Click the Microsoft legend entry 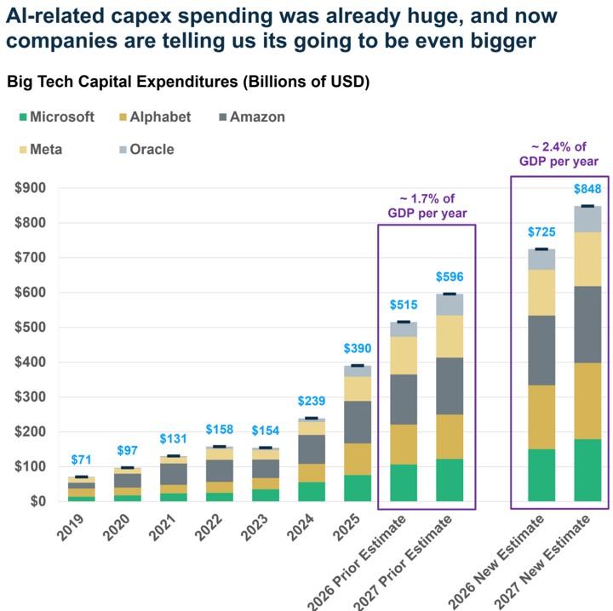[57, 117]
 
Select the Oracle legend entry [146, 149]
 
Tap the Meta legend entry [41, 149]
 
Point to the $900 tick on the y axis [30, 188]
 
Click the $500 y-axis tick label [30, 327]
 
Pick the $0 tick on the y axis [38, 501]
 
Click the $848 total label [587, 189]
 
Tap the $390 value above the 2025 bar [358, 348]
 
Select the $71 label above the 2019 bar [82, 460]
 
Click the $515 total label [404, 305]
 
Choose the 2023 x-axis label [254, 528]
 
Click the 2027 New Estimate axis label [542, 562]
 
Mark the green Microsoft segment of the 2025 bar [358, 488]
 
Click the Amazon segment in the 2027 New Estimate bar [587, 324]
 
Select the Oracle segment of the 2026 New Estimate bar [541, 260]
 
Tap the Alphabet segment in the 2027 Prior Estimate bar [450, 437]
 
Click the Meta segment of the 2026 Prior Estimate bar [404, 356]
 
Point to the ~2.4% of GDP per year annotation [559, 154]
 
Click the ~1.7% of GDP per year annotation [427, 206]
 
